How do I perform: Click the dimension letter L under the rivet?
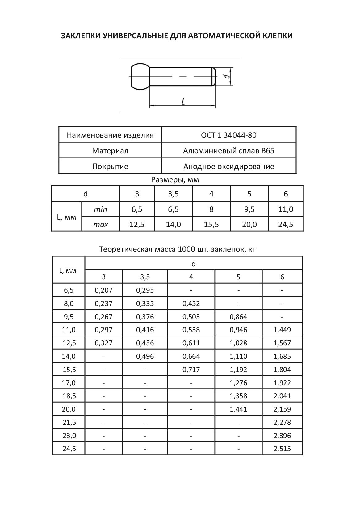point(183,101)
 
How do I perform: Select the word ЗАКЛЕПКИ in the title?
point(81,36)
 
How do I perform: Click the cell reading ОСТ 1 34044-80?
point(228,135)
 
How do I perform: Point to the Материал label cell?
point(110,151)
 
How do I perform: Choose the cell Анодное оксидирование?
point(228,167)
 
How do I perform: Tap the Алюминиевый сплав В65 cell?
point(228,151)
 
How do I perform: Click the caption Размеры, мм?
point(175,180)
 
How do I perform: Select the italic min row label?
point(100,209)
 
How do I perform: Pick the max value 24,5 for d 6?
point(286,224)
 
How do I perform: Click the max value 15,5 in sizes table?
point(211,224)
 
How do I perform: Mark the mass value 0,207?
point(104,290)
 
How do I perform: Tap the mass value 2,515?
point(282,449)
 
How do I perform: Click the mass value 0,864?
point(238,317)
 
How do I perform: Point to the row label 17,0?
point(69,383)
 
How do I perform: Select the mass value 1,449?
point(282,330)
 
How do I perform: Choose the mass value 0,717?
point(191,370)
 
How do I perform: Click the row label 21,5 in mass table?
point(69,422)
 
